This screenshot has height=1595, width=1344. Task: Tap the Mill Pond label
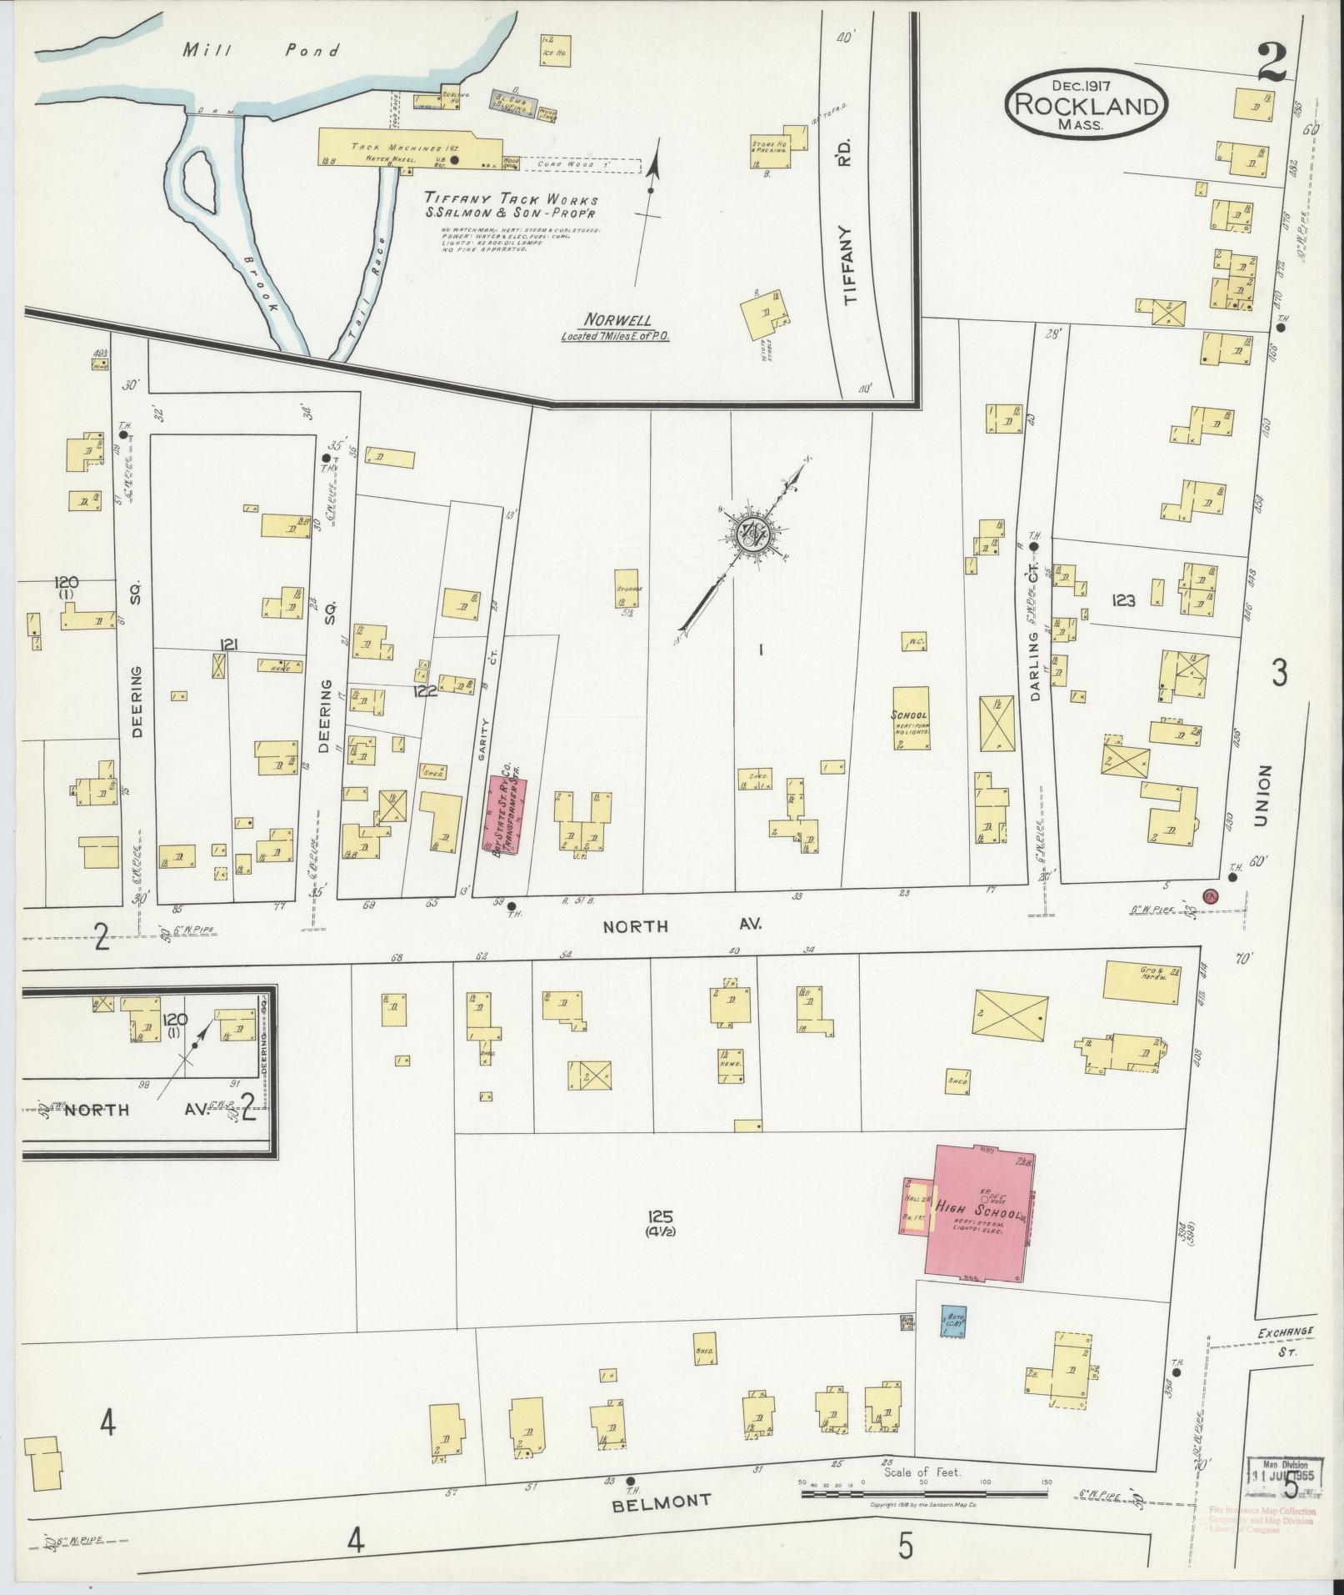pyautogui.click(x=262, y=51)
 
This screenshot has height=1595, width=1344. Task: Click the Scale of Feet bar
pyautogui.click(x=924, y=1495)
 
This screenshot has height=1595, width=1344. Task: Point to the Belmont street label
pyautogui.click(x=663, y=1502)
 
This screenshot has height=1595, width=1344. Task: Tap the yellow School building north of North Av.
pyautogui.click(x=911, y=718)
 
